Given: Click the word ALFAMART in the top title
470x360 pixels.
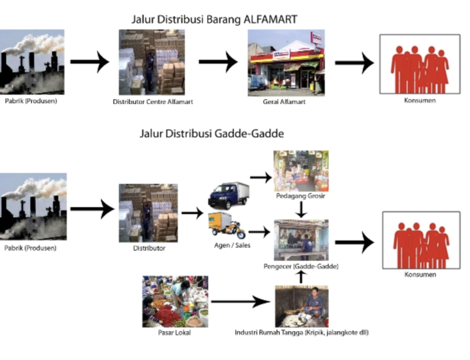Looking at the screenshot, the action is [x=270, y=19].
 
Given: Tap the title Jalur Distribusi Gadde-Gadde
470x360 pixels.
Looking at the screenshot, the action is [x=212, y=133].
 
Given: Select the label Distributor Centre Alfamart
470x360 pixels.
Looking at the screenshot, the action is [x=153, y=102].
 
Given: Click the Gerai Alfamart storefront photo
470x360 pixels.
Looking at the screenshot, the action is [x=286, y=63].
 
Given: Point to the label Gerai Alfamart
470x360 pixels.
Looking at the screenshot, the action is [x=284, y=102].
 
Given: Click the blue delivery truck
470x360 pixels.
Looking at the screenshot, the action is [x=229, y=195].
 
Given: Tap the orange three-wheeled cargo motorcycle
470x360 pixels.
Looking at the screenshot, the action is [x=227, y=225].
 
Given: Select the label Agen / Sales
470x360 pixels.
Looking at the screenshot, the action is [x=232, y=245].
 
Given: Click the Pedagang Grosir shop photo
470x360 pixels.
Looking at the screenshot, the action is [x=301, y=171].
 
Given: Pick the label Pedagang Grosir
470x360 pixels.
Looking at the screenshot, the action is [x=301, y=196].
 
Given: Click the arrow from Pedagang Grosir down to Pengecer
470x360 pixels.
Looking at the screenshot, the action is [x=301, y=209].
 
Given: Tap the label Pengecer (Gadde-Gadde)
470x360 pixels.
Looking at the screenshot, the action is [x=301, y=266].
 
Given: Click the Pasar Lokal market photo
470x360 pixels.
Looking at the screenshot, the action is [x=175, y=302].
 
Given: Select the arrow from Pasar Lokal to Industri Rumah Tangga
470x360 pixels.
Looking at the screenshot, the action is [x=241, y=302].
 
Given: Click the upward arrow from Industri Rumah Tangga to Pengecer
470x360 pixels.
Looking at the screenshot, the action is [x=301, y=277].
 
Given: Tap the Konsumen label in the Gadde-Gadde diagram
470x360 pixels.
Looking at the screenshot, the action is [x=420, y=275].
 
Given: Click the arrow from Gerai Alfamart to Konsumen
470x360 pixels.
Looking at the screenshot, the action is [x=355, y=63].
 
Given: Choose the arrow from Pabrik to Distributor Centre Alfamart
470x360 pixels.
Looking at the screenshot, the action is [x=90, y=62].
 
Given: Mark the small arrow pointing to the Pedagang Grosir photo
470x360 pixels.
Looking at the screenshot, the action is [x=261, y=177].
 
